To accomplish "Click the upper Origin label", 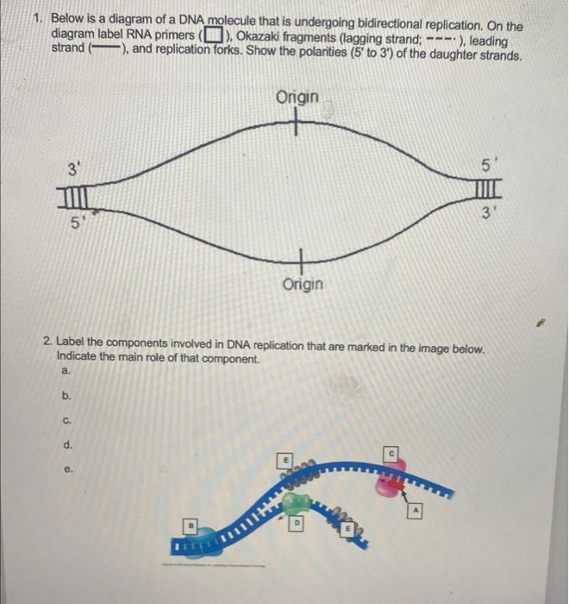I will [298, 98].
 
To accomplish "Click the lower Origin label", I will [302, 283].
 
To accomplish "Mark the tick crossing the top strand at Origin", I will [297, 122].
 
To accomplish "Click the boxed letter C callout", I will [391, 451].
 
